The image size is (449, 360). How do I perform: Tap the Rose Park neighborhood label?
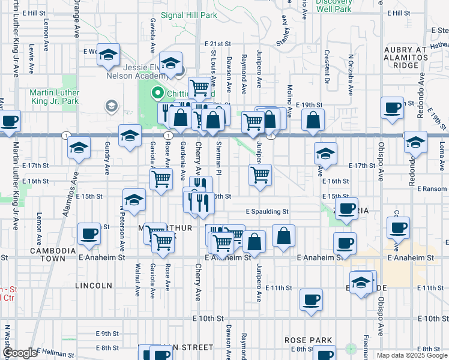[x=309, y=340]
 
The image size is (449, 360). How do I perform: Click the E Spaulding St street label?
[x=267, y=211]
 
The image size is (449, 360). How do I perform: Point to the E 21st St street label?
[x=217, y=44]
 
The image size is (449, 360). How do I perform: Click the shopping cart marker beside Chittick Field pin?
[x=199, y=88]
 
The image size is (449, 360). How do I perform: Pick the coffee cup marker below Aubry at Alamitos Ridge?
[x=392, y=107]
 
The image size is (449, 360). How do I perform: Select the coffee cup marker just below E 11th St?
[x=311, y=299]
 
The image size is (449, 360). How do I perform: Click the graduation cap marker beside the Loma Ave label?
[x=415, y=142]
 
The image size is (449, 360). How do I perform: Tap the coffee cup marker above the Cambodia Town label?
[x=89, y=233]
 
